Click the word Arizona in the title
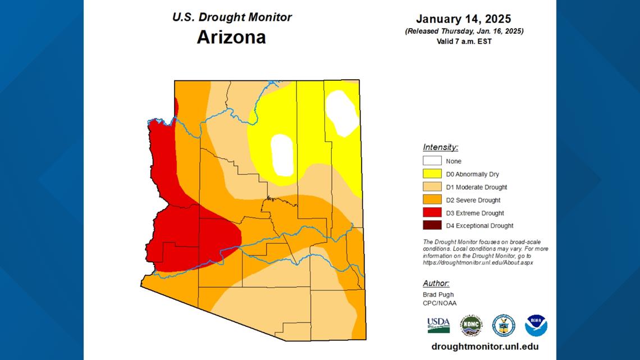[x=231, y=37]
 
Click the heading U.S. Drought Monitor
[x=232, y=17]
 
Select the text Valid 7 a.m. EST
[x=464, y=41]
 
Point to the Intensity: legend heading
[x=440, y=147]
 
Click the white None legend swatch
[x=432, y=161]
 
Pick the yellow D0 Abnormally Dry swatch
[x=432, y=174]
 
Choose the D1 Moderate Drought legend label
[x=477, y=187]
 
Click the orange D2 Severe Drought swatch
[x=432, y=200]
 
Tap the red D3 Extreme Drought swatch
[x=432, y=213]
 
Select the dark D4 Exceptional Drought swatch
[x=432, y=226]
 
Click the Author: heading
[x=436, y=283]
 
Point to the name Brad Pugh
[x=438, y=294]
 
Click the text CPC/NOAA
[x=440, y=303]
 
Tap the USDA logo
[x=438, y=325]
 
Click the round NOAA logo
[x=536, y=325]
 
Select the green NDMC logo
[x=471, y=325]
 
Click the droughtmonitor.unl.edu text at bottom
[x=484, y=347]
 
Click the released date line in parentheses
[x=464, y=31]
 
